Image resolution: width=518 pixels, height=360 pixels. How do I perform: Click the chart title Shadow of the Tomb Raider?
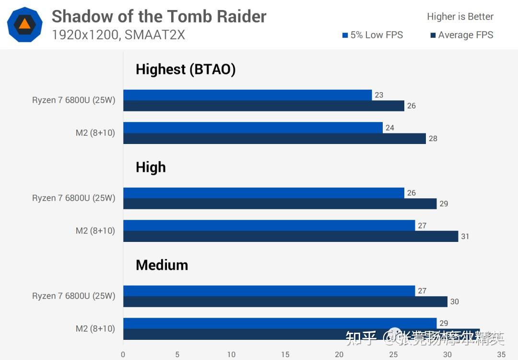[159, 16]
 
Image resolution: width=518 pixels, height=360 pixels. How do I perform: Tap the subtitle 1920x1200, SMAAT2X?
[118, 35]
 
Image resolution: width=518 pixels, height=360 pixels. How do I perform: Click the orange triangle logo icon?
[24, 24]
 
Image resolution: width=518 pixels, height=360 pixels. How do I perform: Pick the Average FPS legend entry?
[461, 35]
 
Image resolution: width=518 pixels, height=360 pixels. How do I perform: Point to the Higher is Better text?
[460, 17]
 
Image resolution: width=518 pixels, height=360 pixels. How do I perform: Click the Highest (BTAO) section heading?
[186, 69]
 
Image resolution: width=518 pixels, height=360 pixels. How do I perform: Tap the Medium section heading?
[162, 265]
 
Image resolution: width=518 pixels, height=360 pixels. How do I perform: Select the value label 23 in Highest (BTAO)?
[379, 95]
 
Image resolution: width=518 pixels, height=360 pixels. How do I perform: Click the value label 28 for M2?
[433, 139]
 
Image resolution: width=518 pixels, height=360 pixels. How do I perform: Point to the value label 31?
[465, 237]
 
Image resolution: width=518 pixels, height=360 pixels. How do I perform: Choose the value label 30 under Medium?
[454, 302]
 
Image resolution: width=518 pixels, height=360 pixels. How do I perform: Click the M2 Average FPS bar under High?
[291, 237]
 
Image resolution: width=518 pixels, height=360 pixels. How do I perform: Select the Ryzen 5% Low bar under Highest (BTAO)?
[247, 95]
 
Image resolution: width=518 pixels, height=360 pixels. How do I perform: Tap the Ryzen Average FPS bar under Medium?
[285, 302]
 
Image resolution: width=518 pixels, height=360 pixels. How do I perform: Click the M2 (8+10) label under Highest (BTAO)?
[95, 133]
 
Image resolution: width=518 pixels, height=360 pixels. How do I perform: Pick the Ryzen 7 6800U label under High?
[74, 198]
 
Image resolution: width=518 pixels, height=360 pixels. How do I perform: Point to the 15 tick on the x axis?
[285, 355]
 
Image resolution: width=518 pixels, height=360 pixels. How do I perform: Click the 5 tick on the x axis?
[177, 355]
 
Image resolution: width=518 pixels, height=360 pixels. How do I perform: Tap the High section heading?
[151, 167]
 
